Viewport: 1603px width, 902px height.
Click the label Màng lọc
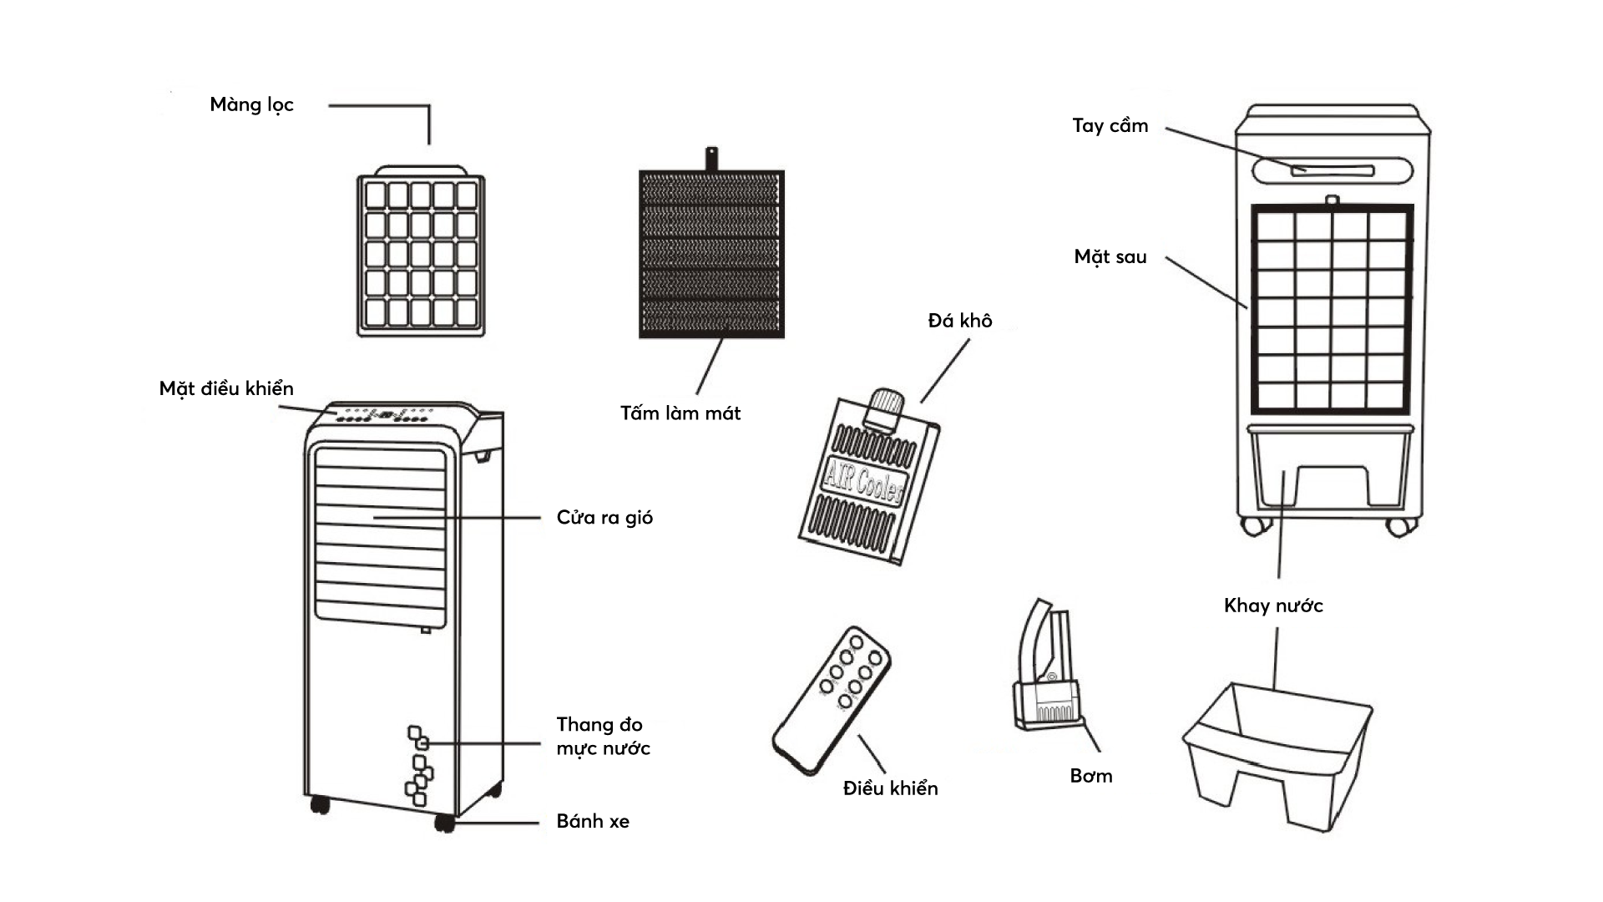[x=251, y=105]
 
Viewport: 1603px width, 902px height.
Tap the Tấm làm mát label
[x=680, y=413]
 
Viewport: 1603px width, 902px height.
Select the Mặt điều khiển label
[x=226, y=389]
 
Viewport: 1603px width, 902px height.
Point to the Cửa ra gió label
[x=604, y=518]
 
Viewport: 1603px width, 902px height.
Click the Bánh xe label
[x=593, y=822]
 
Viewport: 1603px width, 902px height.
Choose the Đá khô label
[x=960, y=322]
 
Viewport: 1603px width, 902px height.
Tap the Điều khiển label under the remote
[x=890, y=788]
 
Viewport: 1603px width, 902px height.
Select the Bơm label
[x=1091, y=776]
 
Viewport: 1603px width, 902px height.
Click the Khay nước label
[x=1273, y=606]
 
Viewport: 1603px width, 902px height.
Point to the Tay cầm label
[x=1110, y=126]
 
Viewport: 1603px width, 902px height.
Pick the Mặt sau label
[x=1110, y=257]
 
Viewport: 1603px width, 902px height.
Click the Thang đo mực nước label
[x=603, y=737]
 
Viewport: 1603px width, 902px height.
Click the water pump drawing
[x=1047, y=668]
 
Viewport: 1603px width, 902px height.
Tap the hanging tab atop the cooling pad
[x=711, y=158]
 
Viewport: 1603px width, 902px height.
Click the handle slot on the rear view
[x=1332, y=170]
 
